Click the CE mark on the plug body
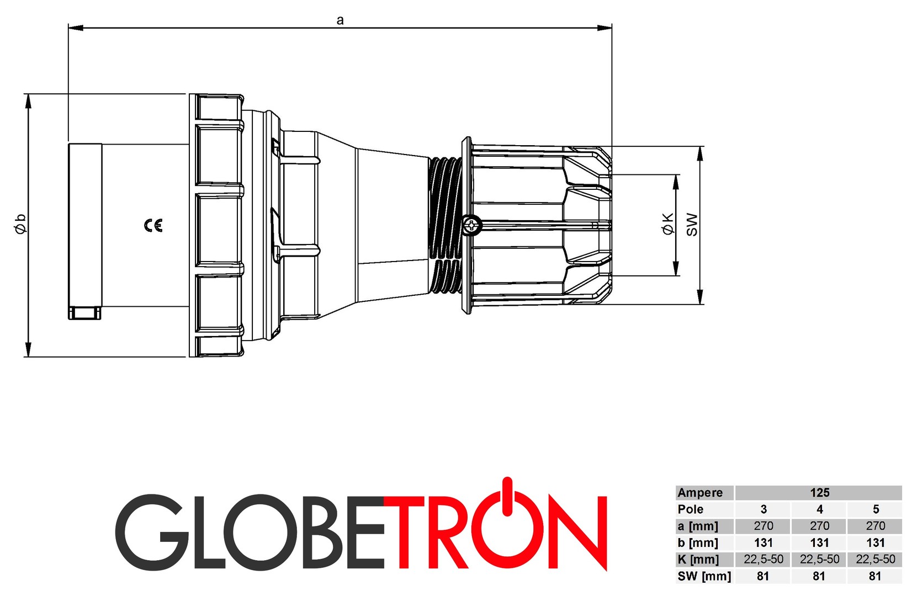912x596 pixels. (x=153, y=225)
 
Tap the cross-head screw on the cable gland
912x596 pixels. (x=472, y=225)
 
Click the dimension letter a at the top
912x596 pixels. (x=340, y=20)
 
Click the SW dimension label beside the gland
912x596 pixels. (x=692, y=225)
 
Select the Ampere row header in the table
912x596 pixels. (x=700, y=493)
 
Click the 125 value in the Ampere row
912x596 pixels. (x=819, y=493)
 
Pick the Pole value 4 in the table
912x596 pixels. (x=819, y=509)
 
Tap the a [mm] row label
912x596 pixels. (x=698, y=526)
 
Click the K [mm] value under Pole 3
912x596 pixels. (x=763, y=559)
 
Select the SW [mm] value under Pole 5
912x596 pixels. (x=875, y=576)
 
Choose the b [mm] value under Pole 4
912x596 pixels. (x=819, y=542)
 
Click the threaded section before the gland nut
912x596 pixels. (x=445, y=225)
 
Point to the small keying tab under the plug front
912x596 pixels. (x=85, y=313)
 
